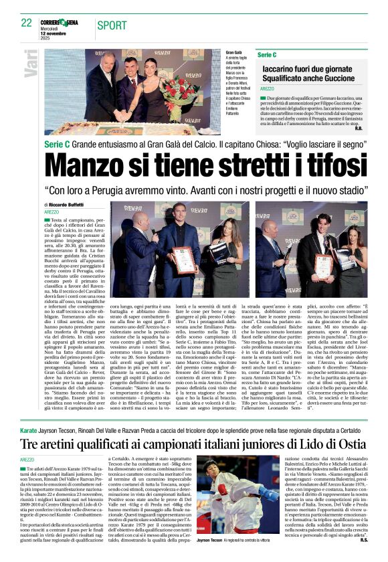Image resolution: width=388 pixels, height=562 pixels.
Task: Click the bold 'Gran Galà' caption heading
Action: point(235,52)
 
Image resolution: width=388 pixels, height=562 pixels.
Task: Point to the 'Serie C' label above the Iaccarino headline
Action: point(267,54)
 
